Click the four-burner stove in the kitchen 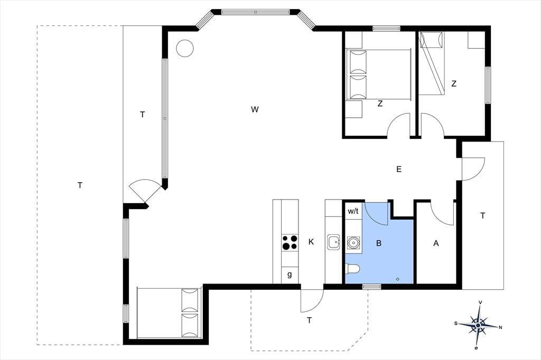pos(290,242)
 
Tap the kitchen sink pos(334,242)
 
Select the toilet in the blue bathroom pos(352,268)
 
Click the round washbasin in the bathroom pos(353,242)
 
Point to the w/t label pos(353,211)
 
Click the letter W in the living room pos(255,110)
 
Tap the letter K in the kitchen pos(311,242)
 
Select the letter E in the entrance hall pos(399,169)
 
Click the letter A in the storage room pos(436,243)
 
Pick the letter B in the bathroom pos(379,243)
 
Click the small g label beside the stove pos(290,275)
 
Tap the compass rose pos(478,325)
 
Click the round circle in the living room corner pos(185,48)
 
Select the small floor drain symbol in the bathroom pos(398,279)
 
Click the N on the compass pos(501,327)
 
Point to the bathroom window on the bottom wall pos(372,286)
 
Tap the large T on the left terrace pos(80,185)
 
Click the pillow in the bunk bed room pos(431,40)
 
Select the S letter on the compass pos(456,324)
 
